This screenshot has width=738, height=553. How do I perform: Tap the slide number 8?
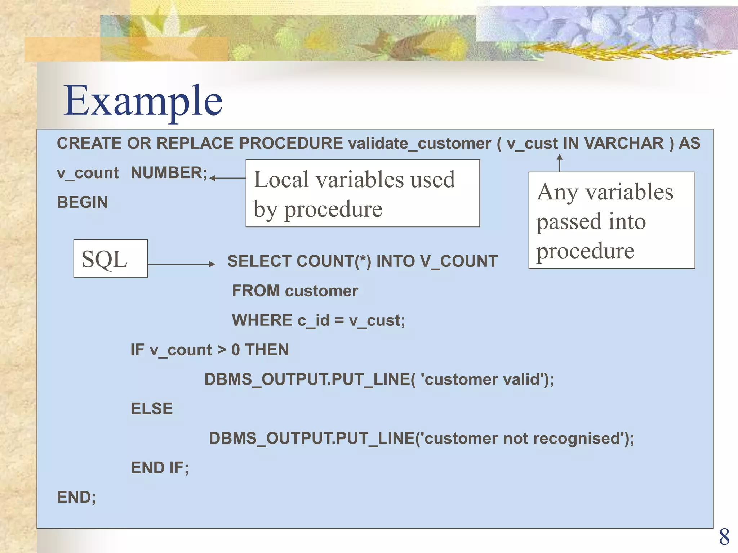tap(724, 537)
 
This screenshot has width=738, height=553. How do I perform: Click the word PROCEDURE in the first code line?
tap(291, 143)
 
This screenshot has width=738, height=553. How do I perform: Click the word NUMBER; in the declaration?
tap(169, 173)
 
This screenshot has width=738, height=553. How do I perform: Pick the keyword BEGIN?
tap(82, 202)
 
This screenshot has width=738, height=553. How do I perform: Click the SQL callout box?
tap(111, 258)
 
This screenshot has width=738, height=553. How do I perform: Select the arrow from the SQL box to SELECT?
tap(181, 264)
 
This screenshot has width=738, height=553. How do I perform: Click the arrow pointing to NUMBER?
tap(227, 178)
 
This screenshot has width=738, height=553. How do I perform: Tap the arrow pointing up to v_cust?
tap(560, 163)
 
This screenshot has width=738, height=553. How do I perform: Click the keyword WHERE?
tap(262, 320)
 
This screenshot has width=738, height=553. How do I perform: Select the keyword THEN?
tap(267, 350)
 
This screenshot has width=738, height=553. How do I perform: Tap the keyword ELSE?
tap(151, 409)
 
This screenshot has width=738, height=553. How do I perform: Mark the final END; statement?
tap(76, 498)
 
